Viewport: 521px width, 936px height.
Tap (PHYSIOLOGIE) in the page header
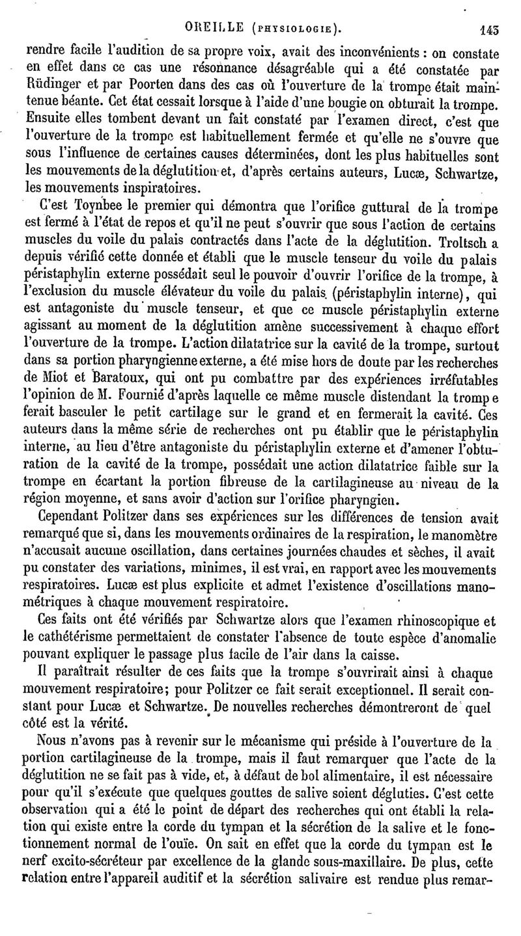(x=288, y=29)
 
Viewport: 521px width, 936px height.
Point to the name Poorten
(x=156, y=83)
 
